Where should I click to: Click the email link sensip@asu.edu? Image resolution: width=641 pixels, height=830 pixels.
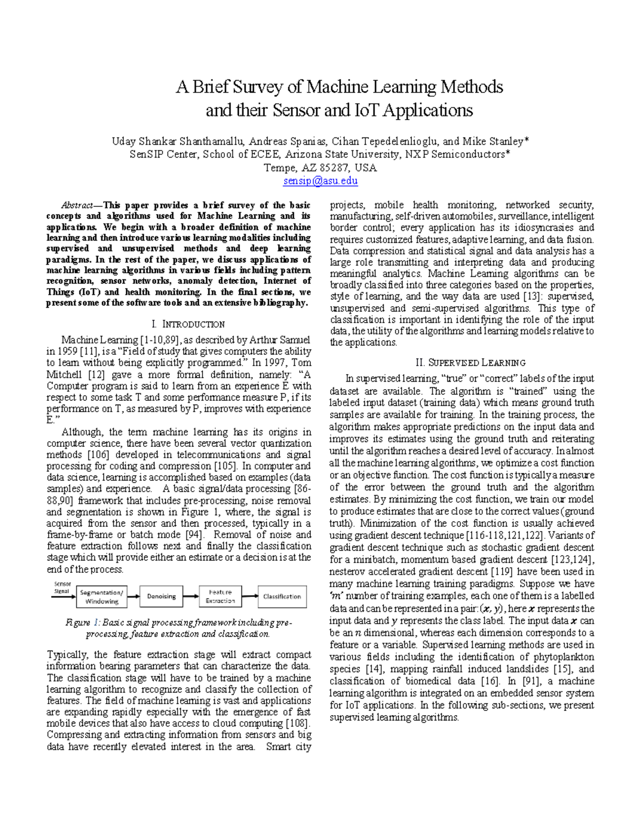pos(320,181)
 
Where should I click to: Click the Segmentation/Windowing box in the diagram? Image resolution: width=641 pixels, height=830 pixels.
pos(101,596)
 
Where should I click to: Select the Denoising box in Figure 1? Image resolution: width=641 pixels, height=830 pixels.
pos(161,596)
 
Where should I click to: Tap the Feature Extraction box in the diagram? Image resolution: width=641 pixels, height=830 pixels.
pos(220,596)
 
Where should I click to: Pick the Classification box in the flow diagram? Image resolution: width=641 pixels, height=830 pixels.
pos(282,596)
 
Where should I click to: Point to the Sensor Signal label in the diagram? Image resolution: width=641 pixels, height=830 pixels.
pos(62,587)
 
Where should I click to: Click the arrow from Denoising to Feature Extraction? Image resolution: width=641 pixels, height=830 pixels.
pos(190,596)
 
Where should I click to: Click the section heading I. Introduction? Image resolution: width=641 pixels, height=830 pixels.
pos(188,324)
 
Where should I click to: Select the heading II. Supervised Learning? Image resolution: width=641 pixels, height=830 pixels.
pos(462,362)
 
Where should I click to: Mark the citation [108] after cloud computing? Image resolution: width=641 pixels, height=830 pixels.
pos(299,723)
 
